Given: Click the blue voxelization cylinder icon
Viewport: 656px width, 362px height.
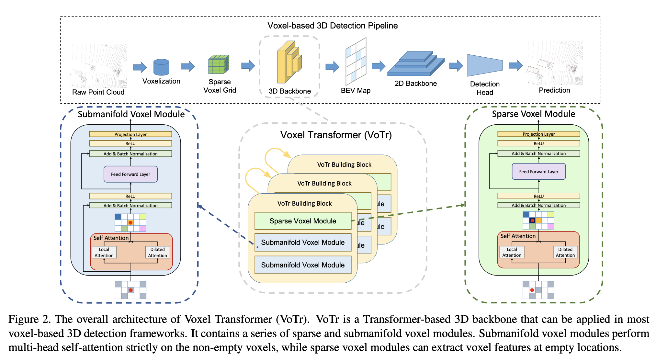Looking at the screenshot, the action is pyautogui.click(x=161, y=67).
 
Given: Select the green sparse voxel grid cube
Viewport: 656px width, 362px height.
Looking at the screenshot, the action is pyautogui.click(x=219, y=64).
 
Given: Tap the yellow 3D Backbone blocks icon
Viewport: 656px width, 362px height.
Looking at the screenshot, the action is pyautogui.click(x=289, y=62).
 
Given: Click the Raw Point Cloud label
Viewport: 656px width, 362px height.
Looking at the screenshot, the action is pyautogui.click(x=98, y=92).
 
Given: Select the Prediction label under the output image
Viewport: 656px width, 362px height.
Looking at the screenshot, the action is pyautogui.click(x=554, y=90).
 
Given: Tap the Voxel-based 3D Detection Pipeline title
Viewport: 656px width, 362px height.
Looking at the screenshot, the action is pyautogui.click(x=333, y=26).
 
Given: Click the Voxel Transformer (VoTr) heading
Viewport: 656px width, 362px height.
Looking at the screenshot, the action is pyautogui.click(x=336, y=135).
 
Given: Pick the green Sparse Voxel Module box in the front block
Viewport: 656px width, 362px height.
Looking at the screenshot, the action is pyautogui.click(x=303, y=221).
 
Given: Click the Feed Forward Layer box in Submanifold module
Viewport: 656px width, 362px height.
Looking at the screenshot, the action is pyautogui.click(x=130, y=174).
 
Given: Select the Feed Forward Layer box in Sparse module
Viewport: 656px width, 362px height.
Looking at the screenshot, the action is pyautogui.click(x=539, y=172).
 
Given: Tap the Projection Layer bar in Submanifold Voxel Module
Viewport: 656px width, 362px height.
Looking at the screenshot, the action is pyautogui.click(x=130, y=134).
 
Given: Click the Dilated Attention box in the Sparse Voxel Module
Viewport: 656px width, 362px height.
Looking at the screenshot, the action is pyautogui.click(x=565, y=252).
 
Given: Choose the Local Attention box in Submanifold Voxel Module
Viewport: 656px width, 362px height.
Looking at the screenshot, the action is pyautogui.click(x=104, y=253).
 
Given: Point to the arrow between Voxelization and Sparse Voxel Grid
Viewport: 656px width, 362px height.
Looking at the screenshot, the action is pyautogui.click(x=188, y=66).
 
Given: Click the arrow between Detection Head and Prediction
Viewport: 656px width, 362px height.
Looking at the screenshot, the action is pyautogui.click(x=516, y=66).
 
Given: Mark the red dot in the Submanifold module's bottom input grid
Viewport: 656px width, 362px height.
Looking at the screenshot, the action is pyautogui.click(x=130, y=290).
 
